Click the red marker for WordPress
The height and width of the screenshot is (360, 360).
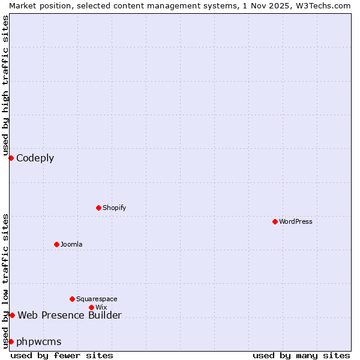click(275, 221)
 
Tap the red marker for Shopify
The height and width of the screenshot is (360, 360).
click(98, 208)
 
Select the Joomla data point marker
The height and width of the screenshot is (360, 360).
click(56, 244)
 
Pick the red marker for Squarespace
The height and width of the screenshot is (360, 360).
click(72, 299)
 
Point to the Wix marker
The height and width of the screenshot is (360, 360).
click(91, 307)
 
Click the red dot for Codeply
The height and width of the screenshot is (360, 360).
click(11, 158)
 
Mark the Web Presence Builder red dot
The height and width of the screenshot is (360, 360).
click(12, 315)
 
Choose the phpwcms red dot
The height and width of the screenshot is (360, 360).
click(11, 341)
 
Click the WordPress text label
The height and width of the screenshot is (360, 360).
click(296, 221)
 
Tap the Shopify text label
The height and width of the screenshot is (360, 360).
click(114, 208)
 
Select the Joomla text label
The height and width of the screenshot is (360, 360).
click(71, 244)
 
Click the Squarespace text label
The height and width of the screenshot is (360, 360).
click(97, 299)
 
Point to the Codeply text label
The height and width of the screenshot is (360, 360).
click(35, 158)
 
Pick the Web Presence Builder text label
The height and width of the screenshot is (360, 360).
click(70, 316)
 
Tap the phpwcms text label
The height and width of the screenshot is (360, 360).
click(39, 342)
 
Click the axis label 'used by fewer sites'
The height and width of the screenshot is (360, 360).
click(62, 355)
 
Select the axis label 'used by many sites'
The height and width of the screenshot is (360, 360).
click(301, 355)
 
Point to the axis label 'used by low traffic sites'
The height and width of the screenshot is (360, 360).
click(5, 280)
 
